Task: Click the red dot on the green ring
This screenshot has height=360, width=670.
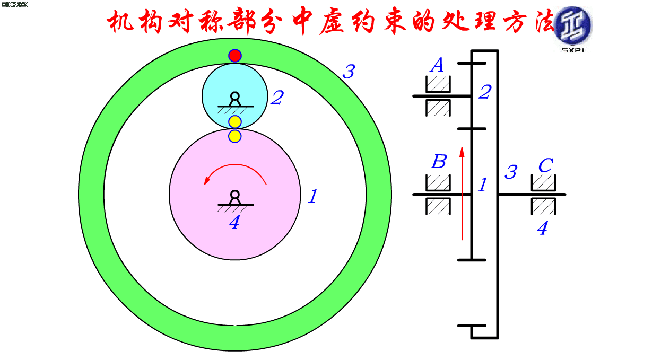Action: pos(235,56)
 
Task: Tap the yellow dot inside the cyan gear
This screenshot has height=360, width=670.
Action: pos(235,122)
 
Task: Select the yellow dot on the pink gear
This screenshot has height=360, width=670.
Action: pos(235,136)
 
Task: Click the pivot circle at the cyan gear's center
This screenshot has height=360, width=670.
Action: pos(235,96)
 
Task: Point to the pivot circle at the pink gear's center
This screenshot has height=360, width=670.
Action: pos(235,195)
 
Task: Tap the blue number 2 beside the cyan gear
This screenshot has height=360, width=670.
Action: pos(277,98)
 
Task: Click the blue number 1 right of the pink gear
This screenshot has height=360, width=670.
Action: pos(313,197)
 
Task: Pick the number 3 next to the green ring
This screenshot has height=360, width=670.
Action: pos(349,72)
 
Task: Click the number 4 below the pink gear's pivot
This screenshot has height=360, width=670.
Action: pos(234,223)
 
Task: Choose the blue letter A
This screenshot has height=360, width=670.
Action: pos(437,65)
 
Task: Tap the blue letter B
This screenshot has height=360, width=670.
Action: pos(439,162)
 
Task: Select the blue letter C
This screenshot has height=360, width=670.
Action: pos(546,165)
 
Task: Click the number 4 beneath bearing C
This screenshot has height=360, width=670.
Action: pos(542,229)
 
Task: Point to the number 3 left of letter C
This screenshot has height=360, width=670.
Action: pos(511,172)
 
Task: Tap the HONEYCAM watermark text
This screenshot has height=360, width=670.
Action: pos(15,5)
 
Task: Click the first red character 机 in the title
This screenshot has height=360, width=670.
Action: pos(120,21)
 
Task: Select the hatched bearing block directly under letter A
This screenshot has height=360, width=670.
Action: pos(438,84)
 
